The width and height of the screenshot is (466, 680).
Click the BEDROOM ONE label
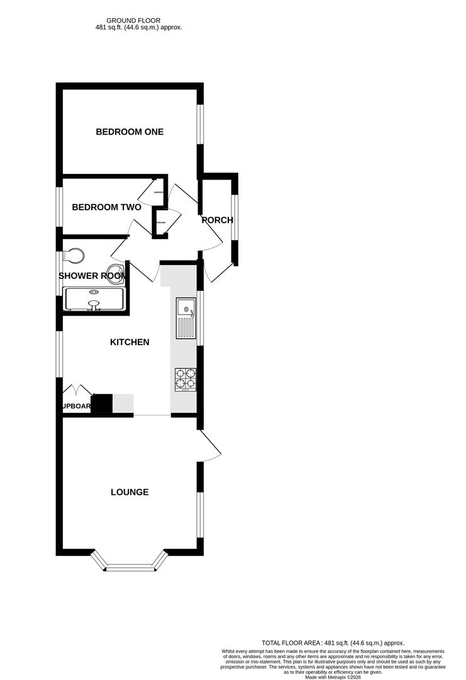point(130,132)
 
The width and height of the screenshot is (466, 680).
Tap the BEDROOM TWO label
point(106,207)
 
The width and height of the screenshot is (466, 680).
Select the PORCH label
point(217,220)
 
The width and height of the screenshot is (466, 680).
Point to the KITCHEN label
point(130,342)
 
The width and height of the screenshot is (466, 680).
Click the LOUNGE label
point(130,492)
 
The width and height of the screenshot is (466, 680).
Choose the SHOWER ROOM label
point(92,276)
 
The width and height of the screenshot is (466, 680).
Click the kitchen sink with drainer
point(187,318)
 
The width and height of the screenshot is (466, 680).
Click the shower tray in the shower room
point(94,300)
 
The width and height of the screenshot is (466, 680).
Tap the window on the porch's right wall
point(235,217)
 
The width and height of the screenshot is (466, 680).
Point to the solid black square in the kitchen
point(102,404)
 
